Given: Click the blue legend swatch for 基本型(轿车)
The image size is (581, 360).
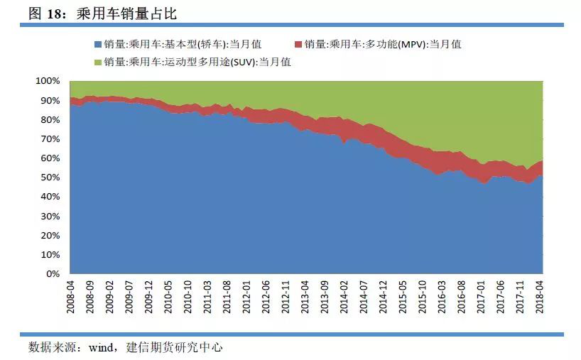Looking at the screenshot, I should point(98,44).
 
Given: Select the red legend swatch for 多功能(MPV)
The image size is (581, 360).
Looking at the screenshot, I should point(300,44).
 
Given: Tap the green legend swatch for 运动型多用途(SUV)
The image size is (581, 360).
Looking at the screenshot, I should point(98,62).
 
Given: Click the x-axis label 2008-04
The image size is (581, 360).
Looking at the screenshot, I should point(72,298).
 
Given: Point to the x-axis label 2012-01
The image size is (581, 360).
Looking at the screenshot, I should point(247,298).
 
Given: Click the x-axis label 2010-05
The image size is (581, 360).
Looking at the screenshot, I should point(169,298).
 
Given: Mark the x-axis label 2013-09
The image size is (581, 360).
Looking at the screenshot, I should point(325,298).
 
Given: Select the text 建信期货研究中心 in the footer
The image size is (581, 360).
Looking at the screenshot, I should point(175,348).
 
